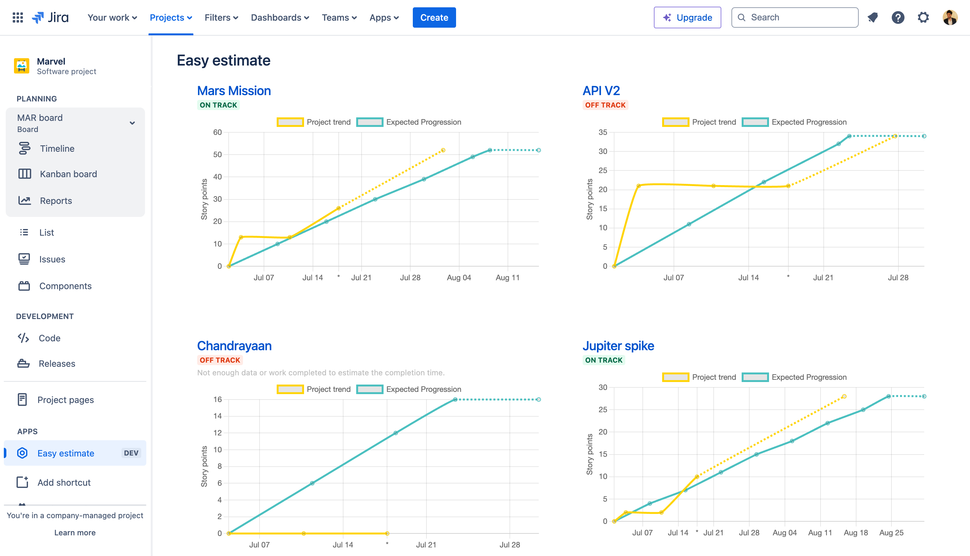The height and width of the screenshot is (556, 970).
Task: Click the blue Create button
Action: click(x=434, y=17)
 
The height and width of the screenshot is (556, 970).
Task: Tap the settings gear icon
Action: click(x=923, y=17)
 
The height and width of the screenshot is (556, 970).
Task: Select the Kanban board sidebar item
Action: click(x=68, y=174)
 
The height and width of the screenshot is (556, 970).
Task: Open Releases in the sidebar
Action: click(x=57, y=364)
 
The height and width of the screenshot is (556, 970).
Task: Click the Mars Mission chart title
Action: click(x=234, y=91)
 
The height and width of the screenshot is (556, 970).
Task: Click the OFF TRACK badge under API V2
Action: click(x=605, y=105)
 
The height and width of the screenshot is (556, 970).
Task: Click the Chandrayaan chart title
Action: click(x=234, y=346)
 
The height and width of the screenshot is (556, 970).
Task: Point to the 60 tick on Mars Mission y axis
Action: click(x=217, y=133)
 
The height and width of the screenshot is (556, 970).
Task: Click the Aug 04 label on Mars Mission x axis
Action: click(x=459, y=278)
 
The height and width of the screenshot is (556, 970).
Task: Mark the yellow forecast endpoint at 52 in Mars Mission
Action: click(x=443, y=150)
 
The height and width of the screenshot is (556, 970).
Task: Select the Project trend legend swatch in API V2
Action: click(x=675, y=122)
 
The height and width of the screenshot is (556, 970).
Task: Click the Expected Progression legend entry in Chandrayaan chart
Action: click(x=408, y=389)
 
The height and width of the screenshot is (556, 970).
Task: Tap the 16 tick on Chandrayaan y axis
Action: click(x=217, y=400)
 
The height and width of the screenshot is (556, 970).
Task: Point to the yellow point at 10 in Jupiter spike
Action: click(x=697, y=476)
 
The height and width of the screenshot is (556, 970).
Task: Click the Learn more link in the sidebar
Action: click(x=75, y=533)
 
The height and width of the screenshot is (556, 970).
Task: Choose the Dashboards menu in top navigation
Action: click(x=280, y=17)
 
